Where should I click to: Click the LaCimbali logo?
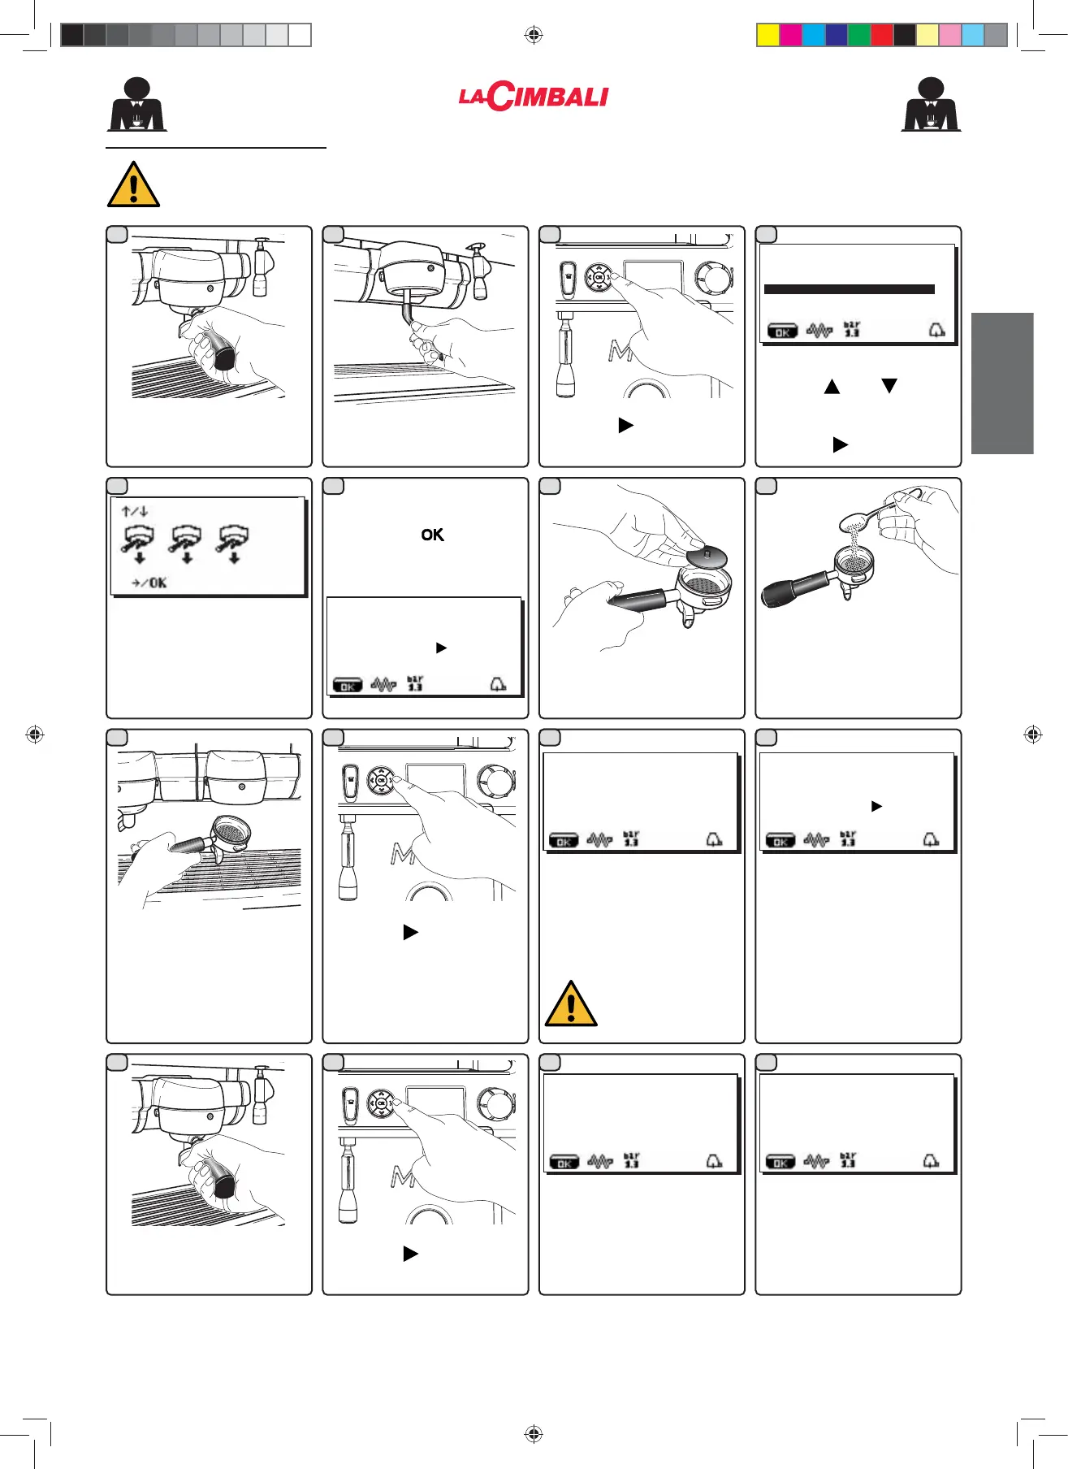click(x=534, y=97)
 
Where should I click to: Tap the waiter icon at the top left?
click(x=137, y=105)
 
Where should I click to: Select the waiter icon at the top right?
click(x=931, y=105)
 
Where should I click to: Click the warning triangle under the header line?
click(x=133, y=184)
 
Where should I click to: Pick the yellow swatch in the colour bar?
click(x=768, y=35)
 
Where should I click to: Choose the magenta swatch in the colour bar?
click(x=791, y=35)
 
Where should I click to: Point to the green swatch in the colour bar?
click(x=859, y=35)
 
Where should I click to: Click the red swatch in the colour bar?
click(x=882, y=35)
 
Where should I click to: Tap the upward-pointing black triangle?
click(x=832, y=386)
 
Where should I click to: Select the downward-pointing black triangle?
click(x=889, y=386)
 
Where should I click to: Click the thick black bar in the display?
click(x=850, y=289)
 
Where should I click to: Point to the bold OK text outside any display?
click(x=432, y=535)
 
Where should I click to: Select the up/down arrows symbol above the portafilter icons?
click(x=135, y=511)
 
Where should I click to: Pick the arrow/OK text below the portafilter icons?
click(x=149, y=583)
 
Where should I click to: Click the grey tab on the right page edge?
click(x=1002, y=383)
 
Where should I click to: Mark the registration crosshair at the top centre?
click(x=534, y=35)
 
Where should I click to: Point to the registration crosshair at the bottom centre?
click(x=534, y=1434)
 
